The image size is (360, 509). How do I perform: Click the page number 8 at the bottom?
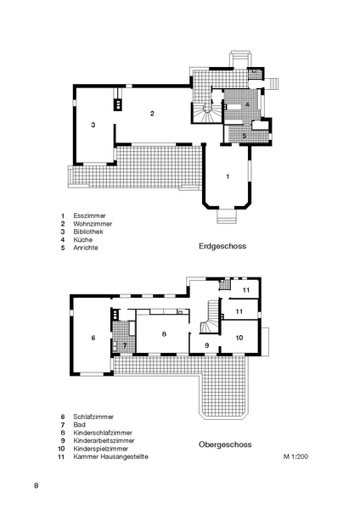point(36,485)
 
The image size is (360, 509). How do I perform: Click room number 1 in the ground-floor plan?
point(228,176)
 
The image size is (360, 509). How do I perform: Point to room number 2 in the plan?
point(152,113)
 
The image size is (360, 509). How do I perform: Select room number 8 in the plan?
point(164,335)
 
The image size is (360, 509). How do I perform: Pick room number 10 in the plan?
point(239,338)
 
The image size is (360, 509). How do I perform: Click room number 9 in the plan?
point(206,345)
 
